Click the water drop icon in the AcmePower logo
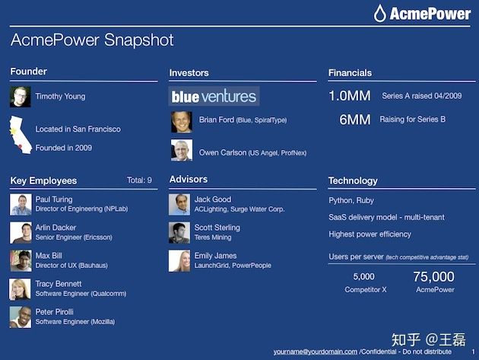coord(380,14)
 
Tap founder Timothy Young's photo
coord(21,97)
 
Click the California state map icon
coord(21,135)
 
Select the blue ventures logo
coord(214,97)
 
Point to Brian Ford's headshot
coord(182,122)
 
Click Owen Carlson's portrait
coord(182,150)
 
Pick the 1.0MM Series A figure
coord(350,96)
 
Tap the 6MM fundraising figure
coord(355,119)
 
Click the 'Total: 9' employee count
coord(139,180)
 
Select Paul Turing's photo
coord(21,205)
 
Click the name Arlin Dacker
coord(56,228)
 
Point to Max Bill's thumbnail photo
coord(21,261)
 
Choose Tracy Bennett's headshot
coord(21,289)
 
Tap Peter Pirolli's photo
coord(21,317)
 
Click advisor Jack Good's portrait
coord(179,205)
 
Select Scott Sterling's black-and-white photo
coord(179,233)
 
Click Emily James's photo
coord(179,261)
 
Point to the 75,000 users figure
coord(434,277)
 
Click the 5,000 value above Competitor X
coord(364,276)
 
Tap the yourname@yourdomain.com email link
coord(316,352)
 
